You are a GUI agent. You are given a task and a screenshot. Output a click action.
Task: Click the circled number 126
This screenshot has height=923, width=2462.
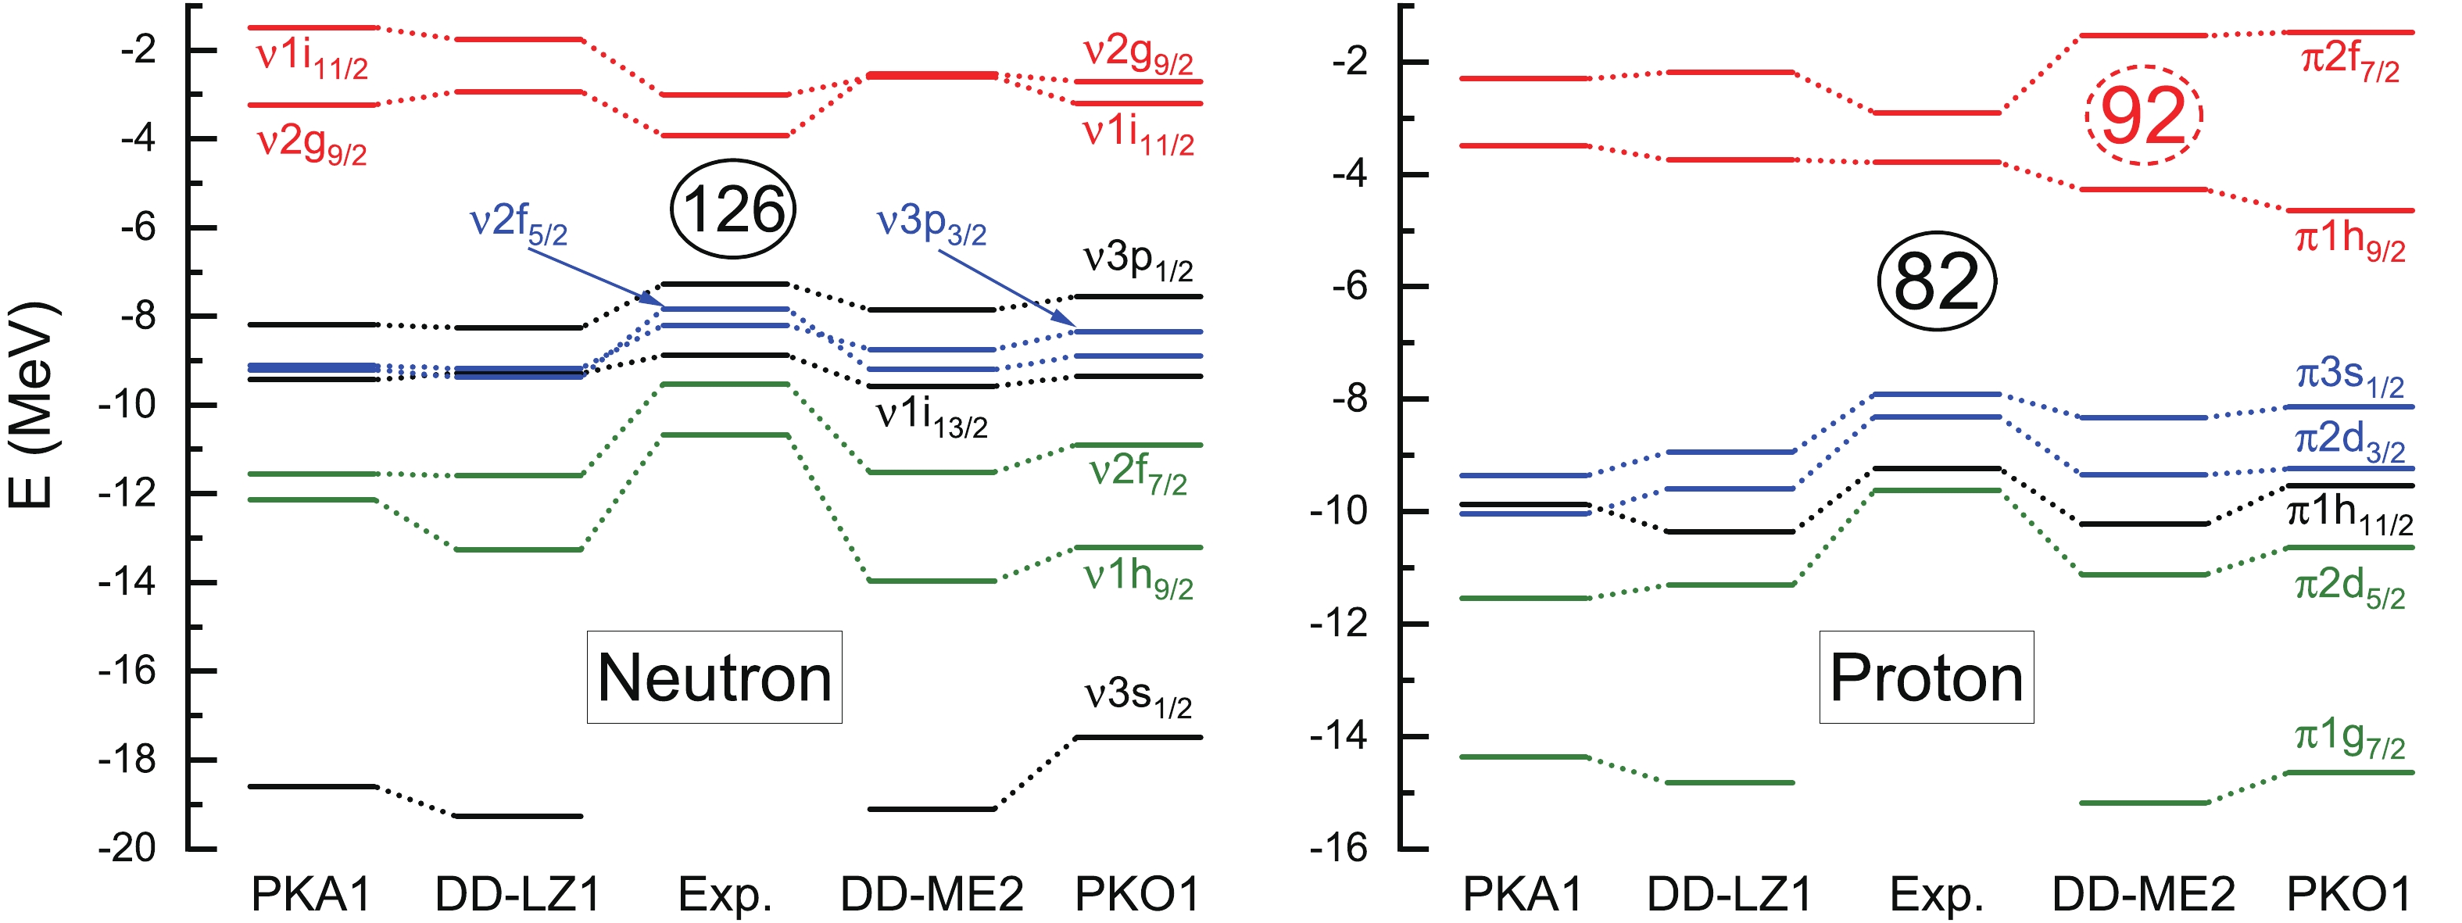[733, 209]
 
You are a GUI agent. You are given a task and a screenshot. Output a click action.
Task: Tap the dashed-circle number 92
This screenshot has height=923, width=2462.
[2144, 116]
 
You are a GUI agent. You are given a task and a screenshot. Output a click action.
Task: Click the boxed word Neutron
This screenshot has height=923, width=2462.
[714, 678]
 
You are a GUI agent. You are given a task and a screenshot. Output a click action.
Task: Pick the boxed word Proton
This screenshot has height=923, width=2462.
[1926, 678]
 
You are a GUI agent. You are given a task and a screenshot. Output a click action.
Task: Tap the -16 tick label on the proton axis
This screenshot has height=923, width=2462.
[1338, 847]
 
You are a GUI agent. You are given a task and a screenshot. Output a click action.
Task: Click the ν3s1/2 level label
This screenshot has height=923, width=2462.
[1137, 696]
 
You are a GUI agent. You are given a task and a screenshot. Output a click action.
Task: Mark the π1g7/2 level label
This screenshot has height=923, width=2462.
[2349, 739]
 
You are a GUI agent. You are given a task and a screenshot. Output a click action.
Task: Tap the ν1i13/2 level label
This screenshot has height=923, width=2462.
[931, 417]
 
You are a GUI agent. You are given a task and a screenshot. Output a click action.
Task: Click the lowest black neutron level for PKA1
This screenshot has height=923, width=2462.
[313, 786]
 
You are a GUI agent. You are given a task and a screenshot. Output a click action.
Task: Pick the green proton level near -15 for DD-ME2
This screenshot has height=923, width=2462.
[2144, 803]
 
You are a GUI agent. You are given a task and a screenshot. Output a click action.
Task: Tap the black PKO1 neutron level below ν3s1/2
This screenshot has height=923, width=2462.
[1137, 737]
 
